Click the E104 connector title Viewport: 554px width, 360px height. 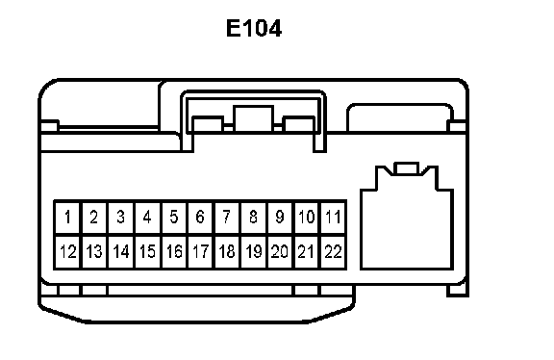(x=254, y=28)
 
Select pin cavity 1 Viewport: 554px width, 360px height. (x=68, y=218)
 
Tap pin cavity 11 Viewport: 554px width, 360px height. (x=333, y=218)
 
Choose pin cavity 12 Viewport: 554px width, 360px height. (x=68, y=252)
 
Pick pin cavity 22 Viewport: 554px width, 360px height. (x=333, y=252)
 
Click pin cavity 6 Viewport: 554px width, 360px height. (x=200, y=218)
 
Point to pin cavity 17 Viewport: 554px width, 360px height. (x=200, y=252)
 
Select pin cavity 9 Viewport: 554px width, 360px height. (x=280, y=218)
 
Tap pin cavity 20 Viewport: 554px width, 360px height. (x=280, y=252)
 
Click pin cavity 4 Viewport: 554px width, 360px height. (x=147, y=218)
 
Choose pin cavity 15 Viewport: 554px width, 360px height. (x=147, y=252)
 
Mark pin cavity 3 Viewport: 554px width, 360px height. (x=121, y=218)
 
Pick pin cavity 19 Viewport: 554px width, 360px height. (x=254, y=252)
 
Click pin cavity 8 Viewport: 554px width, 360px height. (x=254, y=218)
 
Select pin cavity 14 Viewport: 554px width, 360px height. (x=121, y=252)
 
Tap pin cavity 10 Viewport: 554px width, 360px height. (x=307, y=218)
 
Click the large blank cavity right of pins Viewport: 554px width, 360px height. (x=407, y=230)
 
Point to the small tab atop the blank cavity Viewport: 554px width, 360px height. (x=407, y=168)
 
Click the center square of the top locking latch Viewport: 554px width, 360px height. (x=253, y=118)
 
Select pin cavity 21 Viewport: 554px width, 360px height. (x=307, y=252)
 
